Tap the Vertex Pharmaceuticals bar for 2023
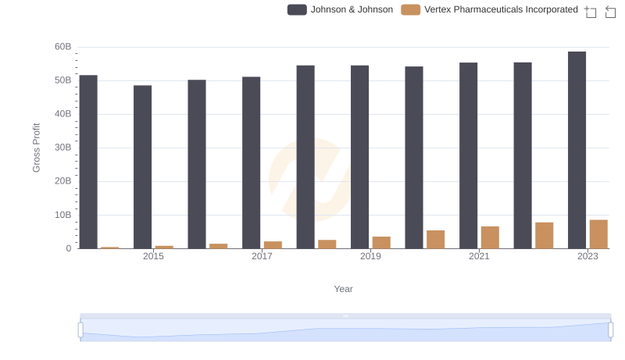click(x=598, y=234)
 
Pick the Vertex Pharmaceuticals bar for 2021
click(x=490, y=237)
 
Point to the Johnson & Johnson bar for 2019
click(x=359, y=157)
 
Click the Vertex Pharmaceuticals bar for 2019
click(x=381, y=243)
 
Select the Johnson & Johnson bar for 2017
click(x=251, y=162)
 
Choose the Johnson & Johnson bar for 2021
click(x=468, y=155)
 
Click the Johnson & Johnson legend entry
click(x=340, y=9)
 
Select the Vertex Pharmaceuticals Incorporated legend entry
click(x=489, y=9)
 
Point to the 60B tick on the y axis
click(x=62, y=47)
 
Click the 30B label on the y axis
click(x=62, y=148)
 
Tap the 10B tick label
click(x=62, y=215)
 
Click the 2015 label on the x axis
click(x=153, y=257)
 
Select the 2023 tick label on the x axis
click(x=587, y=257)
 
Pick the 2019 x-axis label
click(x=370, y=257)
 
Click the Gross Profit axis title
click(x=36, y=148)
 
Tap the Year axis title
click(x=344, y=289)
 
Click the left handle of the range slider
click(x=80, y=330)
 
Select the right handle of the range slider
click(x=610, y=330)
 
